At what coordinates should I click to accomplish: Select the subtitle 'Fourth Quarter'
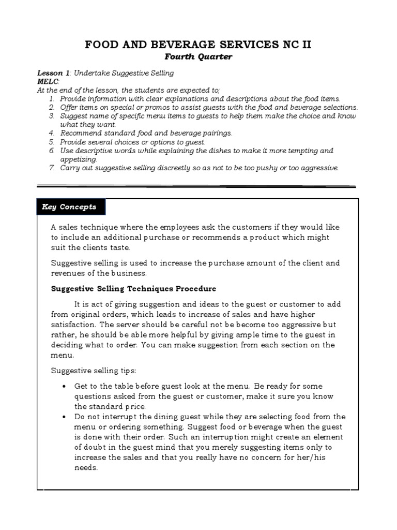pos(198,57)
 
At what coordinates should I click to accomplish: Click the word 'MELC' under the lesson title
pos(48,82)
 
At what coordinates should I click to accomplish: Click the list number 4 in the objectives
pos(52,134)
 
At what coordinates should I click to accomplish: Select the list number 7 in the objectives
pos(52,168)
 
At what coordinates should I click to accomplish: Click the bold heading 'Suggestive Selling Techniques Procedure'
pos(133,289)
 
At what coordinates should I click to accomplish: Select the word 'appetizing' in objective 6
pos(79,160)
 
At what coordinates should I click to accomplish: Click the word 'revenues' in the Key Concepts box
pos(68,273)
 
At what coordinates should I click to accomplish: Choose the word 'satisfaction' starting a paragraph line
pos(74,325)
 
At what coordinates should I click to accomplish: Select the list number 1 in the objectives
pos(52,98)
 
